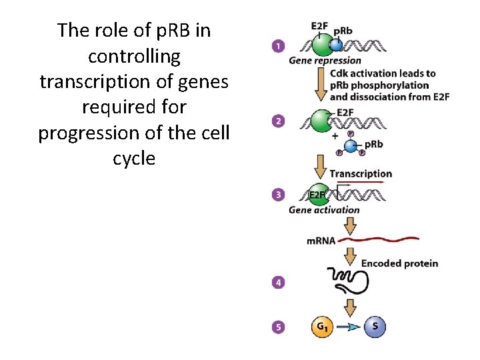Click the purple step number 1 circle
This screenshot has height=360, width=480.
click(x=277, y=46)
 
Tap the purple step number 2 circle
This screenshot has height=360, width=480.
click(x=277, y=121)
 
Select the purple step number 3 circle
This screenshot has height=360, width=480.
click(x=277, y=195)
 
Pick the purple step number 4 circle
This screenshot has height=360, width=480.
click(x=277, y=283)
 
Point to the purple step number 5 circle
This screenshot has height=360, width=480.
click(x=277, y=327)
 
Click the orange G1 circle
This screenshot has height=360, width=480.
click(x=322, y=327)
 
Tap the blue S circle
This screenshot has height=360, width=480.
click(x=375, y=327)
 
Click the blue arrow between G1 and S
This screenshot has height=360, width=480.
click(x=349, y=327)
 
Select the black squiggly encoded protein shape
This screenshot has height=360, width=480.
click(x=347, y=280)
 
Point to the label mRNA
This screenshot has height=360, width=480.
click(x=321, y=239)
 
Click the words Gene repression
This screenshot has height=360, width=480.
click(x=325, y=61)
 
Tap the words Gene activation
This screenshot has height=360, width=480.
click(x=324, y=209)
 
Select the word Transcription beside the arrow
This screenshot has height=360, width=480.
click(x=361, y=173)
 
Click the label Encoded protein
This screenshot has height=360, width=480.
click(x=399, y=263)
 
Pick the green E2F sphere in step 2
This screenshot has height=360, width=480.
click(x=320, y=121)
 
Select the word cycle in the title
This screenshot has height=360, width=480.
click(x=133, y=159)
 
